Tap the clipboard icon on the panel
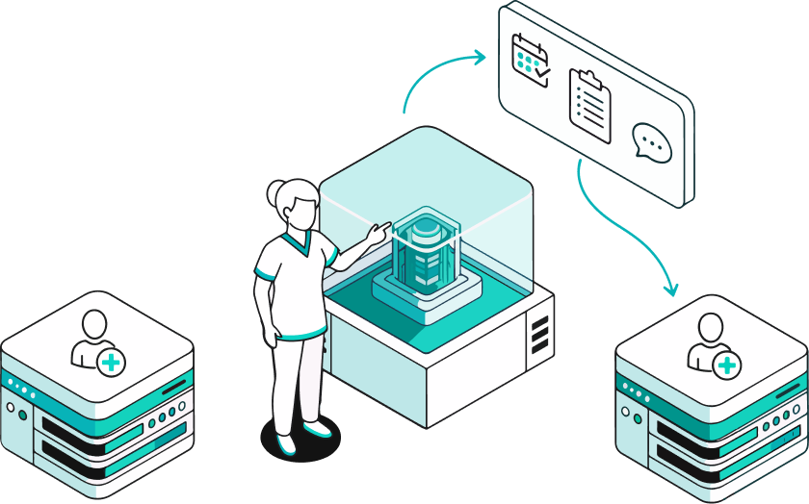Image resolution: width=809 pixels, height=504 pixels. click(x=589, y=106)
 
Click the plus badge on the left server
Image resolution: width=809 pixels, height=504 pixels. click(x=112, y=363)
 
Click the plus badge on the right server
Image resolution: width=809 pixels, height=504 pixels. click(x=727, y=365)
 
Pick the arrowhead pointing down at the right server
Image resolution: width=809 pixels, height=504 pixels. click(x=671, y=288)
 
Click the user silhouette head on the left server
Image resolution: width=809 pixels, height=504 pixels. click(x=94, y=323)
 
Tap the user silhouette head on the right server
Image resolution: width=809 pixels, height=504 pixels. click(x=710, y=325)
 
